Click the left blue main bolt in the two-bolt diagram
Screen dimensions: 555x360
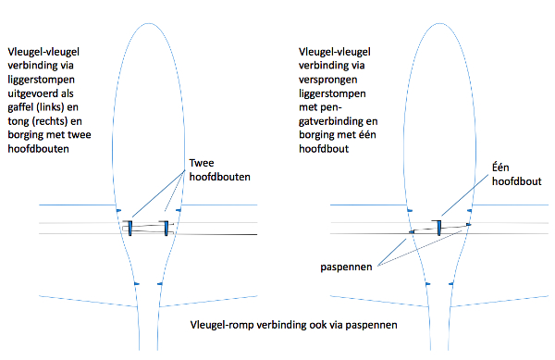(x=129, y=229)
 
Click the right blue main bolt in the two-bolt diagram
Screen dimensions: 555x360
(x=166, y=229)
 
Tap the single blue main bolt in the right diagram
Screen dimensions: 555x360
(x=438, y=228)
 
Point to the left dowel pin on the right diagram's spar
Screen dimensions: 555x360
(x=412, y=232)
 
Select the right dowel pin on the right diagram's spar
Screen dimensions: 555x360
(x=469, y=225)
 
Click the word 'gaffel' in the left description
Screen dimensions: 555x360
(x=20, y=107)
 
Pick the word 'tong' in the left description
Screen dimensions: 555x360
(x=18, y=121)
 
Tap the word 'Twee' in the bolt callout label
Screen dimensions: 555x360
(x=202, y=163)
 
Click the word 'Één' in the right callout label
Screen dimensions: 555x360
(x=500, y=168)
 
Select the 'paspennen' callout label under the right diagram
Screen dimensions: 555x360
(x=346, y=267)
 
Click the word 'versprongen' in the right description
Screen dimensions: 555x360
(x=327, y=80)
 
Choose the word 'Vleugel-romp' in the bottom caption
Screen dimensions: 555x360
(x=222, y=325)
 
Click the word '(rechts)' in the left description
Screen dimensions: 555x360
(x=50, y=121)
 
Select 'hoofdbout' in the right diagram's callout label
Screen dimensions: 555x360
(x=517, y=181)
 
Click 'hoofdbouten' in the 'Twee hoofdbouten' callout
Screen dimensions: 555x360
(x=220, y=177)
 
